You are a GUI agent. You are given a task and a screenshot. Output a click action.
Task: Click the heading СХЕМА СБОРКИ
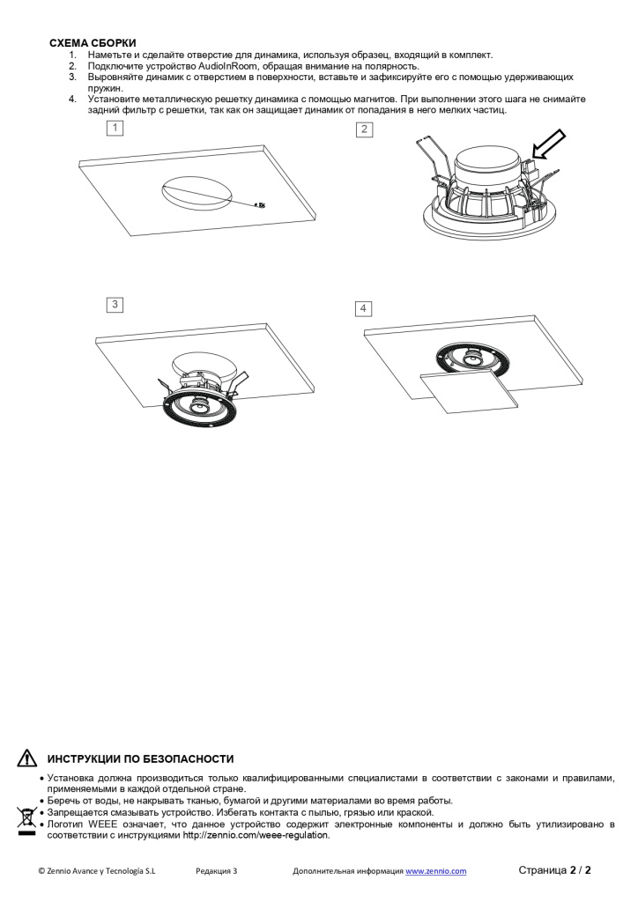93,43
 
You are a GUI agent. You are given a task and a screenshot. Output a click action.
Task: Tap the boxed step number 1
115,128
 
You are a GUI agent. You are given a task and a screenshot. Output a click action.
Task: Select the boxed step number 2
364,129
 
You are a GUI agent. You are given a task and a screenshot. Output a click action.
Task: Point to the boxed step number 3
115,304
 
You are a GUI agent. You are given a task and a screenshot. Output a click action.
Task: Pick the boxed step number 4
363,309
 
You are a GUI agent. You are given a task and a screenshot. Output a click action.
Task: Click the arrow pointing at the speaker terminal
549,144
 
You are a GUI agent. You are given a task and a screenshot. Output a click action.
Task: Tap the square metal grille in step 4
467,390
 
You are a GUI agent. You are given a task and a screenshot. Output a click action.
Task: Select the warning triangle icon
27,758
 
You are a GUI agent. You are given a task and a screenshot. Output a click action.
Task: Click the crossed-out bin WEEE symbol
26,820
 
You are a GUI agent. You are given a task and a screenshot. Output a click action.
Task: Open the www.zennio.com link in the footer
435,871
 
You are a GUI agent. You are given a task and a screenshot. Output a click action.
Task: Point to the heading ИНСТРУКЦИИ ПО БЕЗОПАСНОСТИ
140,759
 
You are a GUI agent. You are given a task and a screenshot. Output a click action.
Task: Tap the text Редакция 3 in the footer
216,871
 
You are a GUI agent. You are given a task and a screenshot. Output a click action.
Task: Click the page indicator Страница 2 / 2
554,869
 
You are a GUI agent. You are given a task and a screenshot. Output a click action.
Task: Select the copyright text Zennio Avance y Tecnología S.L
97,871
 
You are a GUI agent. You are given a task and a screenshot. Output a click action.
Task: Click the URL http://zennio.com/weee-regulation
256,835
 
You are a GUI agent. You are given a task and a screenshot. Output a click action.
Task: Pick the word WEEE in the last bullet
103,824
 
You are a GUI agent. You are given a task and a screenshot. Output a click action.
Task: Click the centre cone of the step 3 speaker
200,407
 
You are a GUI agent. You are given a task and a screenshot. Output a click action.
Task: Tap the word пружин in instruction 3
105,89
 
